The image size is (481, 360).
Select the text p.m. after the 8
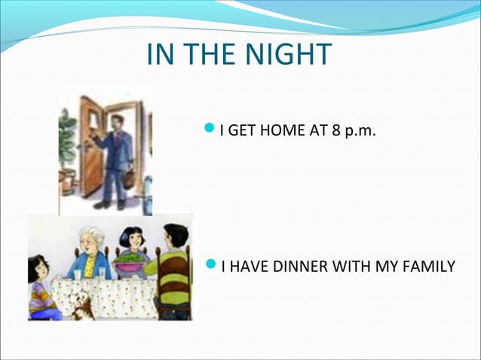pyautogui.click(x=360, y=133)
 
